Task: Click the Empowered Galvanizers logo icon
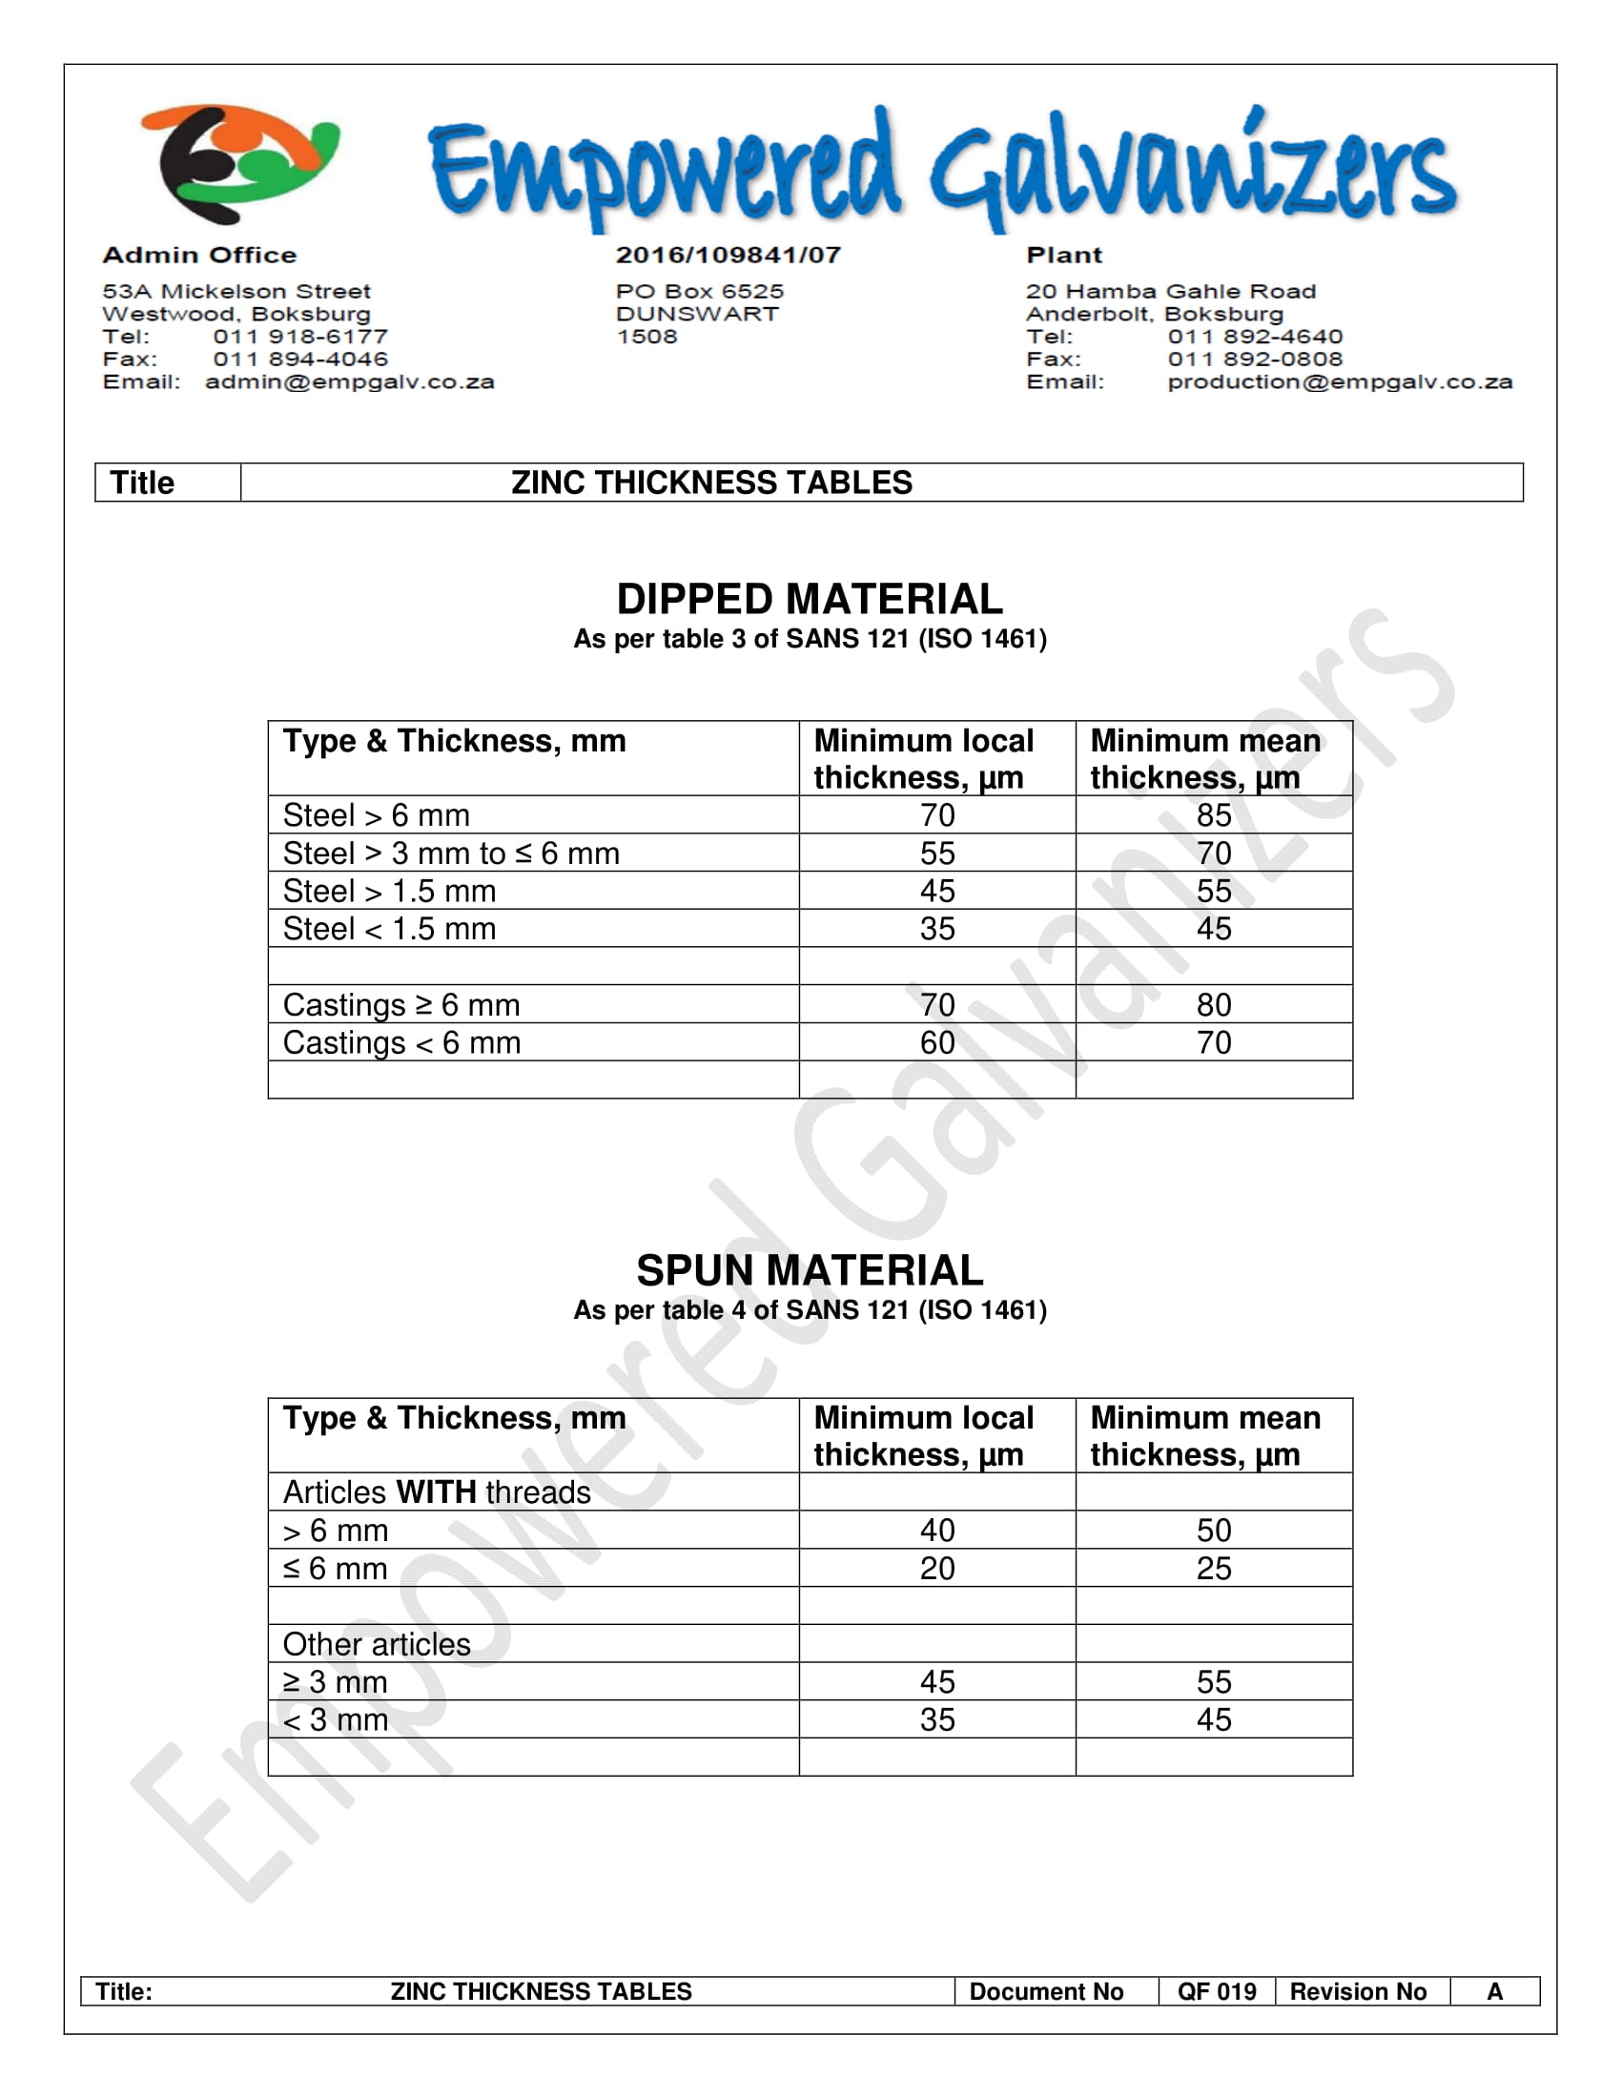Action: point(240,163)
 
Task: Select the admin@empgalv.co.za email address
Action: point(350,382)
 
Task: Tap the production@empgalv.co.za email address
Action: point(1339,382)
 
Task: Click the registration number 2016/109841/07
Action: point(728,256)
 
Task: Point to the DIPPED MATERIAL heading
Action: point(810,600)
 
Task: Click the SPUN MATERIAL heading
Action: point(810,1270)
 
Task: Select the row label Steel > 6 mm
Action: point(377,815)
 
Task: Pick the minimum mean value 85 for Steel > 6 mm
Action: point(1213,815)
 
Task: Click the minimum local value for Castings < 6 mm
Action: point(937,1043)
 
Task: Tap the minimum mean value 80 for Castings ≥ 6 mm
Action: point(1213,1005)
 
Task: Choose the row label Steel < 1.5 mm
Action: point(389,929)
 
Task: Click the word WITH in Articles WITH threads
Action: point(436,1491)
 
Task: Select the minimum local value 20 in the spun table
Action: point(937,1569)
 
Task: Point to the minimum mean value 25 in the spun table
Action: point(1213,1569)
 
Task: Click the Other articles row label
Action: point(377,1645)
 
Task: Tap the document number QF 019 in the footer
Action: point(1217,1991)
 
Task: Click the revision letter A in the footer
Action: point(1494,1991)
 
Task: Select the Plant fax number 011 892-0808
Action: point(1254,360)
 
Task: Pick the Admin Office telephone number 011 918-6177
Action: point(300,338)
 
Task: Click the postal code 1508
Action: point(646,338)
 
